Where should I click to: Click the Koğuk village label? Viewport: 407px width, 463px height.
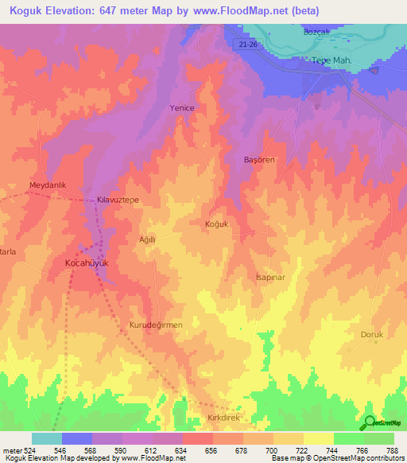point(216,224)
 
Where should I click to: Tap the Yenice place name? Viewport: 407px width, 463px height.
point(182,107)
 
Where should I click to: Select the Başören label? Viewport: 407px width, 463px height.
point(259,160)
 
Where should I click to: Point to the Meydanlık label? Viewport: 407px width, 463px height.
point(45,185)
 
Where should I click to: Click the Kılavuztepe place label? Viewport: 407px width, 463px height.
point(118,200)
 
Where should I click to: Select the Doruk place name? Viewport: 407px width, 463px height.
point(372,334)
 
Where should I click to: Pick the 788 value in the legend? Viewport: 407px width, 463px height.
point(392,450)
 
